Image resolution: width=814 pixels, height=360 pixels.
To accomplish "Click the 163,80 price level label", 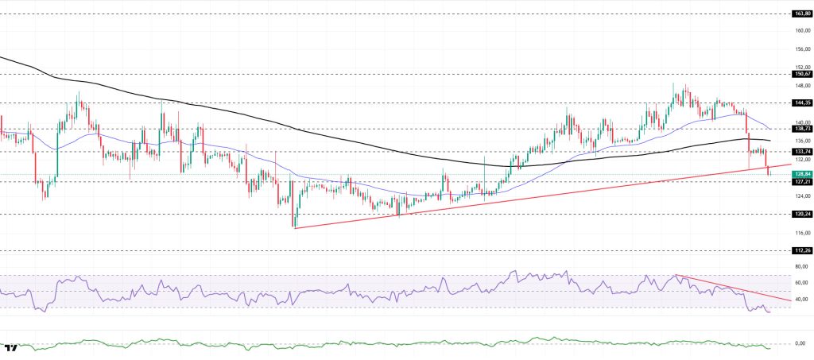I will pyautogui.click(x=801, y=14).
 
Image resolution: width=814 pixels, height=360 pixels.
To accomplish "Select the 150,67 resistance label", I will pyautogui.click(x=801, y=73).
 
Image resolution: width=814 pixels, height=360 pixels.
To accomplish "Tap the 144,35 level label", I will pyautogui.click(x=801, y=103).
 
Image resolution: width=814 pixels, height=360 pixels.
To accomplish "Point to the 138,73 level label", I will pyautogui.click(x=801, y=128).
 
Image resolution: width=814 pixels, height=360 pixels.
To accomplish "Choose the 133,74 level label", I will pyautogui.click(x=801, y=151).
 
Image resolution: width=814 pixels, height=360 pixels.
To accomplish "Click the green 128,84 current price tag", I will pyautogui.click(x=801, y=174).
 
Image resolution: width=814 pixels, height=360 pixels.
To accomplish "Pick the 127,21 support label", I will pyautogui.click(x=801, y=181).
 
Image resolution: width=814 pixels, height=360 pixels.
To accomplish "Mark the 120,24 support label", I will pyautogui.click(x=801, y=214).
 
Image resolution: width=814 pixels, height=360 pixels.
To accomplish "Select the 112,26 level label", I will pyautogui.click(x=801, y=250).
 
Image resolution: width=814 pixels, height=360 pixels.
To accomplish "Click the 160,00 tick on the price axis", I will pyautogui.click(x=801, y=31).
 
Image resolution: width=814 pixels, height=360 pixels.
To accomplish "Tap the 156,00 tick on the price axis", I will pyautogui.click(x=801, y=49).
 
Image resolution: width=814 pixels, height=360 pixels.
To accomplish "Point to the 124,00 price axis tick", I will pyautogui.click(x=801, y=196).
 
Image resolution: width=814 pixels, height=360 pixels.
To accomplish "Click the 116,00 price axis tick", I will pyautogui.click(x=801, y=232).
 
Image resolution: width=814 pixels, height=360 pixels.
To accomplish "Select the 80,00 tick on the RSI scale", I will pyautogui.click(x=801, y=266).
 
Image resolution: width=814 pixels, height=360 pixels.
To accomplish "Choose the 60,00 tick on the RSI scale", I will pyautogui.click(x=801, y=283).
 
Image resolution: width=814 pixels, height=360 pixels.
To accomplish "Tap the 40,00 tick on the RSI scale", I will pyautogui.click(x=801, y=300).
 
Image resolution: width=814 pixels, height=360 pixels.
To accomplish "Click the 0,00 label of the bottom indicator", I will pyautogui.click(x=801, y=343).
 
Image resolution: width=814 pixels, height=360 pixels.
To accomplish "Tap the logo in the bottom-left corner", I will pyautogui.click(x=11, y=348).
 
